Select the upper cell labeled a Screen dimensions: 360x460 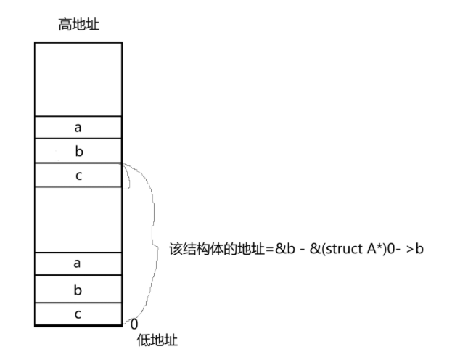(78, 127)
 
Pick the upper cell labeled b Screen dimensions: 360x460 (78, 151)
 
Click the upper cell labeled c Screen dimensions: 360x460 (78, 175)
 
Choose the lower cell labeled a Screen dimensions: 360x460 (78, 263)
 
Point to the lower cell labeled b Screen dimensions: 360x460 (78, 289)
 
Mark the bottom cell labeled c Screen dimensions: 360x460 (78, 314)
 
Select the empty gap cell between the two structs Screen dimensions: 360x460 (78, 218)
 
